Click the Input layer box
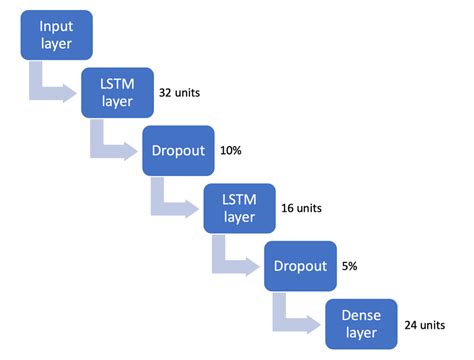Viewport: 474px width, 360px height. [56, 34]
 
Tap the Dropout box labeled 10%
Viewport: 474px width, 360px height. [178, 151]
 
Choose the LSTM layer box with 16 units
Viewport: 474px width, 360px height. [240, 209]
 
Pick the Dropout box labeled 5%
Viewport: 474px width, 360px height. [300, 267]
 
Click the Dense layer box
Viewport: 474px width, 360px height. [362, 324]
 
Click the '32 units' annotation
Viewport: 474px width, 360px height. [180, 92]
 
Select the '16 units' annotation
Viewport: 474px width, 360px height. [302, 209]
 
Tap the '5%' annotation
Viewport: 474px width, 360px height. [350, 267]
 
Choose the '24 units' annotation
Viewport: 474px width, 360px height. [425, 324]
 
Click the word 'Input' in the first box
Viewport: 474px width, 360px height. [56, 25]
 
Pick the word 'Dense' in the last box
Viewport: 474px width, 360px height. [362, 315]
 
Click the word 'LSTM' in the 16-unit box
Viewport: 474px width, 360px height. [240, 200]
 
